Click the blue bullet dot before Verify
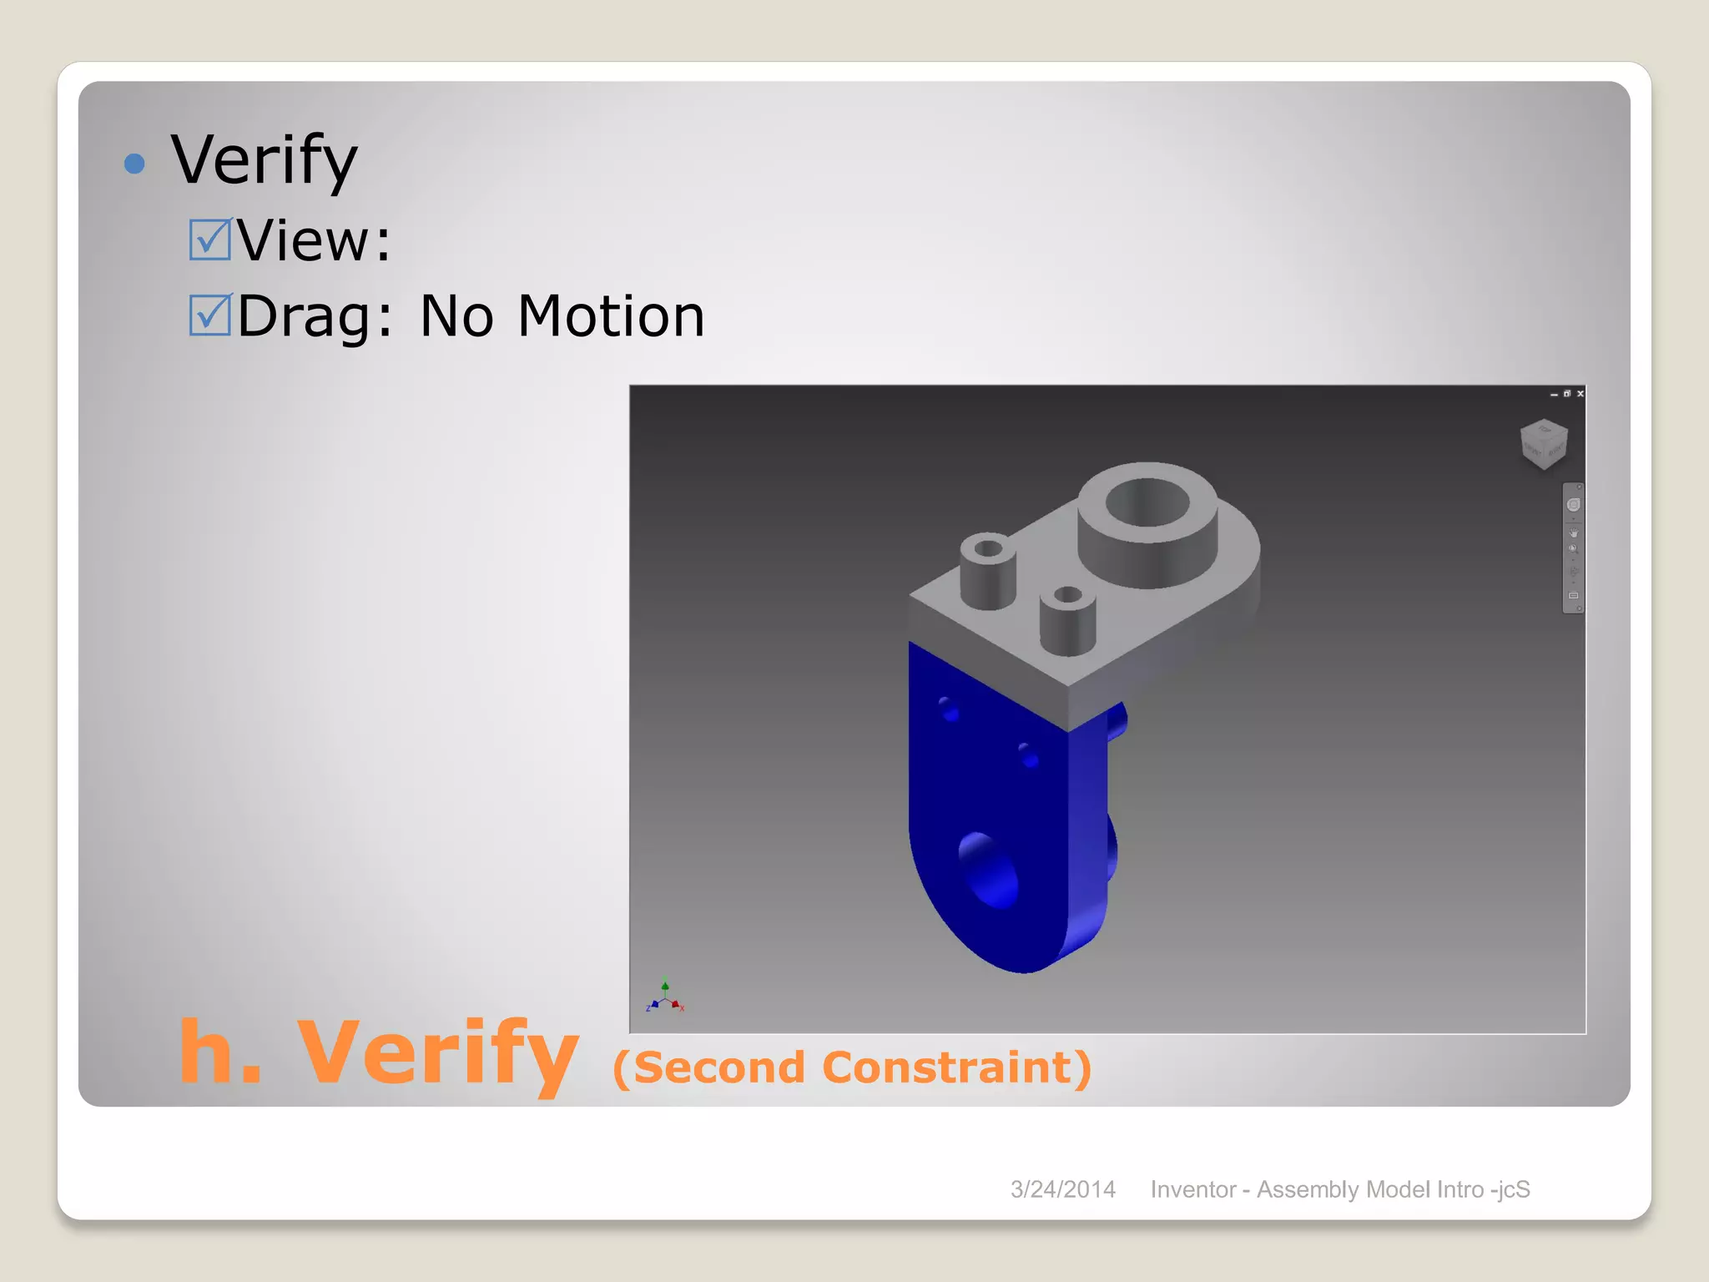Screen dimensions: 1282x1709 [134, 163]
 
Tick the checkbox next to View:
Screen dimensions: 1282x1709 [209, 240]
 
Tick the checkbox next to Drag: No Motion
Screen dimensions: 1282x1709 [209, 315]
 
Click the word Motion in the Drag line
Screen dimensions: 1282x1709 [611, 317]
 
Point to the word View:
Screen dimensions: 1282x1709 [314, 241]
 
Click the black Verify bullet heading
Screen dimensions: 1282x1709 [265, 160]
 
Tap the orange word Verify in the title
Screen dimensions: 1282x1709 [437, 1053]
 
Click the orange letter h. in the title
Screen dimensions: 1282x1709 [219, 1053]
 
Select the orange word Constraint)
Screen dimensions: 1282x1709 [956, 1067]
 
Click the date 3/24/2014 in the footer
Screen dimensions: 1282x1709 [1062, 1189]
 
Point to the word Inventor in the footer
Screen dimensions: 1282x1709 [1192, 1189]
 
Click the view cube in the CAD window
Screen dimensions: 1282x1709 [1543, 443]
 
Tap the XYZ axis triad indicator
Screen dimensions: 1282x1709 [665, 997]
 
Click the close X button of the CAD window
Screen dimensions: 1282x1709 [1580, 393]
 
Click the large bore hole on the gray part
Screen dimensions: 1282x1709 [1147, 503]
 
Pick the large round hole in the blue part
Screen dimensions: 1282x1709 [991, 871]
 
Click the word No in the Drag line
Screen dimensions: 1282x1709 [456, 317]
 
